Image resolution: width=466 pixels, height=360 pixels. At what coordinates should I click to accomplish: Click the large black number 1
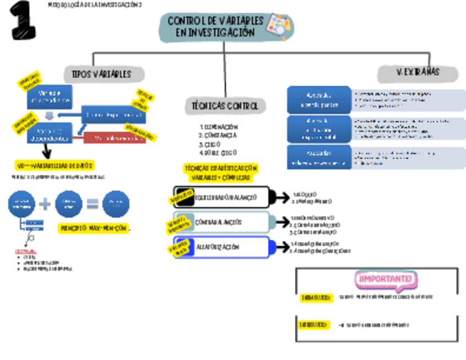23,20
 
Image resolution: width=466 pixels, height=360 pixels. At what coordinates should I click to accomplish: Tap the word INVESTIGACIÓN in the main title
215,34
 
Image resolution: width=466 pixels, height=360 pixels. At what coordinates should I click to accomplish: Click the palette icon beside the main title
279,27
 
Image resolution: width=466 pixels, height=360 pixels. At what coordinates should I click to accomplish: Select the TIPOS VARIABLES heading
104,74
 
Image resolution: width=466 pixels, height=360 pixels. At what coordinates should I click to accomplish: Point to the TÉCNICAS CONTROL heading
225,105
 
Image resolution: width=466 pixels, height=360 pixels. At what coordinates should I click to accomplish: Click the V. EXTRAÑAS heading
418,73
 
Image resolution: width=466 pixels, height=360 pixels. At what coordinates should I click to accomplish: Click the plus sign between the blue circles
46,204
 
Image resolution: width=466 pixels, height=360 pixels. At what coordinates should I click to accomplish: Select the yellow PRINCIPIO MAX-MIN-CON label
95,228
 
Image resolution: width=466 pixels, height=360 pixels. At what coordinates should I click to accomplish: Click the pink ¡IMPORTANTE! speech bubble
385,280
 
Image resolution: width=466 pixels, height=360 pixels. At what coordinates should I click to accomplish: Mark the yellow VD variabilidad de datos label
55,165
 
